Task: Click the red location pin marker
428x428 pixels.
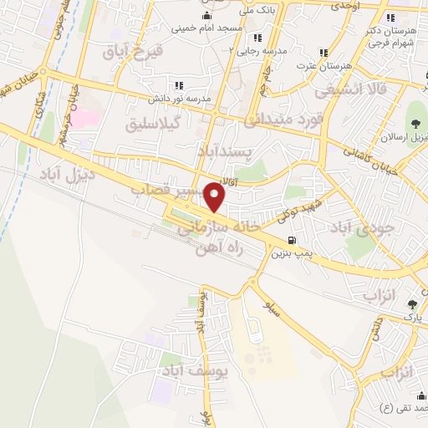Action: coord(216,197)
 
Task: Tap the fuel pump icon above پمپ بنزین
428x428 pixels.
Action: coord(289,239)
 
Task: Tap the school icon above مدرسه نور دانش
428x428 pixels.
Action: coord(177,85)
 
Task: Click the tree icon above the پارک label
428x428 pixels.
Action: coord(411,304)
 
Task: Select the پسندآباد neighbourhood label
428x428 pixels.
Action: coord(225,151)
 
